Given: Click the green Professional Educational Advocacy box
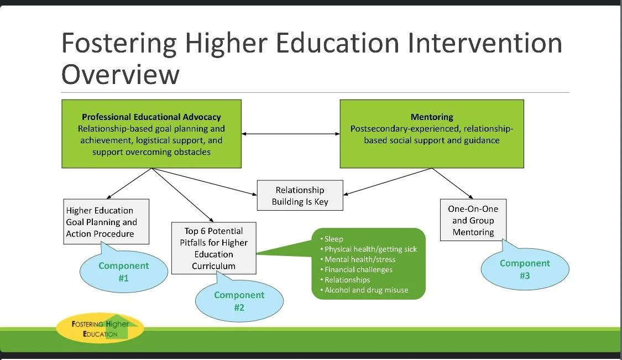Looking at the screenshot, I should tap(151, 133).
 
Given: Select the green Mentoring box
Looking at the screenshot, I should tap(431, 133).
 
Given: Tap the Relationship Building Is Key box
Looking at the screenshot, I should tap(300, 196).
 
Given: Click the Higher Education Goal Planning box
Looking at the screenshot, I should tap(106, 222).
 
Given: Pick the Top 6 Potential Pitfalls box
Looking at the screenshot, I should tap(213, 248).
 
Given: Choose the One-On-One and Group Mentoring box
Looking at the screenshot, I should tap(473, 220).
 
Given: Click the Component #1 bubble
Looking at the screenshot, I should tap(123, 272).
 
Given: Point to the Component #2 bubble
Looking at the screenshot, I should tap(239, 301).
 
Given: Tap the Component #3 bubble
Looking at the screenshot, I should tap(525, 269).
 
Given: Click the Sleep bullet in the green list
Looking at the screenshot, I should tap(333, 239).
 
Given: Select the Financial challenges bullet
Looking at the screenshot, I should tap(358, 270).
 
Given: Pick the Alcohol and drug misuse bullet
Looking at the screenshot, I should tap(366, 290).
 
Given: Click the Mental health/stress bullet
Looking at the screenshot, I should tap(359, 259).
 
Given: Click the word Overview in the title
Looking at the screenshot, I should tap(120, 74).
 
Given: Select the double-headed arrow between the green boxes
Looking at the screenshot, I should tap(290, 134).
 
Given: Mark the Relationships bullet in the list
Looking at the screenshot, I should tap(347, 280).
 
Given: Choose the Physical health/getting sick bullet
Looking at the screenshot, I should tap(370, 249).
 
